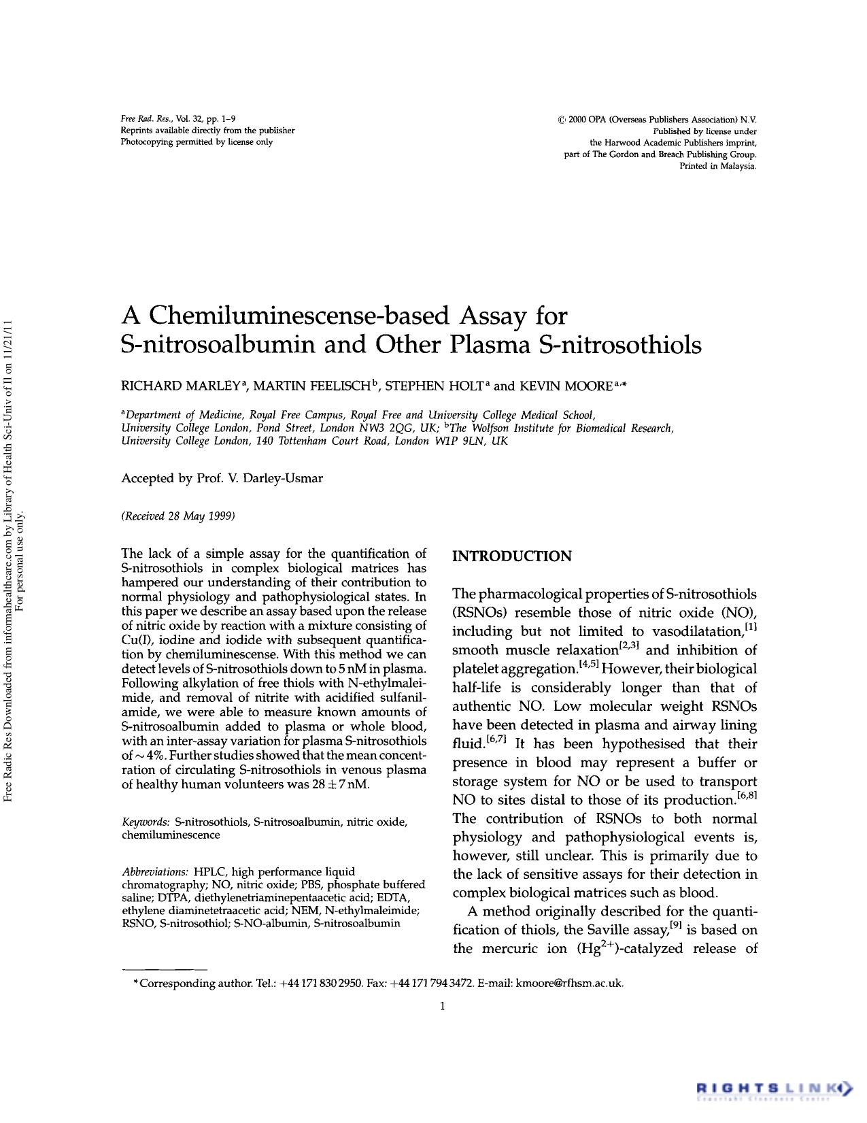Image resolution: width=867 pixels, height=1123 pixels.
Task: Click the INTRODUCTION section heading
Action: [x=512, y=556]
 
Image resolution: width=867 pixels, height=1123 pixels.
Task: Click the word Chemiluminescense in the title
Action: [x=299, y=316]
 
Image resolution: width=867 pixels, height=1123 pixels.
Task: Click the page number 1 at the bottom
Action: [x=443, y=1006]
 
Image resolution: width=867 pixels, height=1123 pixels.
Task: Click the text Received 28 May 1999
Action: [x=178, y=516]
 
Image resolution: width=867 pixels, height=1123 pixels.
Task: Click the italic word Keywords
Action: [x=146, y=822]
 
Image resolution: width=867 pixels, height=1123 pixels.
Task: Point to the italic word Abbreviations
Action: [x=155, y=872]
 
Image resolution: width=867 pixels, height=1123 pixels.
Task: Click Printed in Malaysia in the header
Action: [x=718, y=167]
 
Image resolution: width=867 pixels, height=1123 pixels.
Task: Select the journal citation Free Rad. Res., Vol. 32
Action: [x=169, y=119]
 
